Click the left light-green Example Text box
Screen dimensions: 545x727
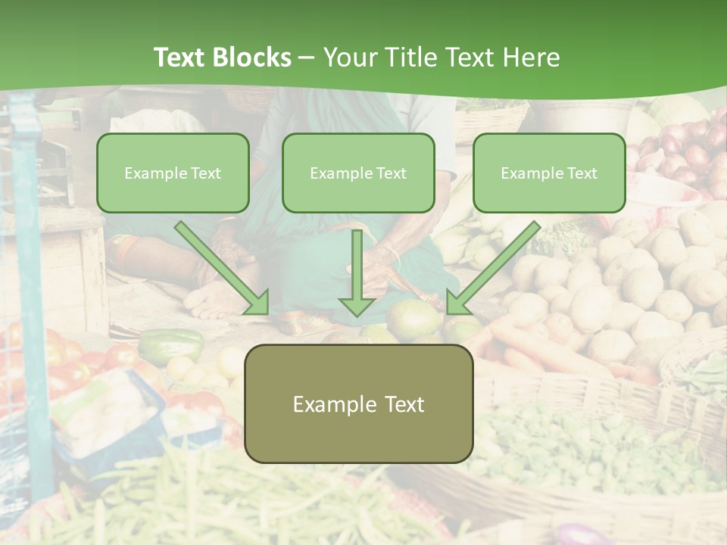173,173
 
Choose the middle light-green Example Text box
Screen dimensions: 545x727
358,173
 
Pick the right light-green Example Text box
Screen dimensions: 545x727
549,173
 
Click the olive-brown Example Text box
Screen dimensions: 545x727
358,403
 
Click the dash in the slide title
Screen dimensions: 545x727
307,58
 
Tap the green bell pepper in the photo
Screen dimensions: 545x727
171,345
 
